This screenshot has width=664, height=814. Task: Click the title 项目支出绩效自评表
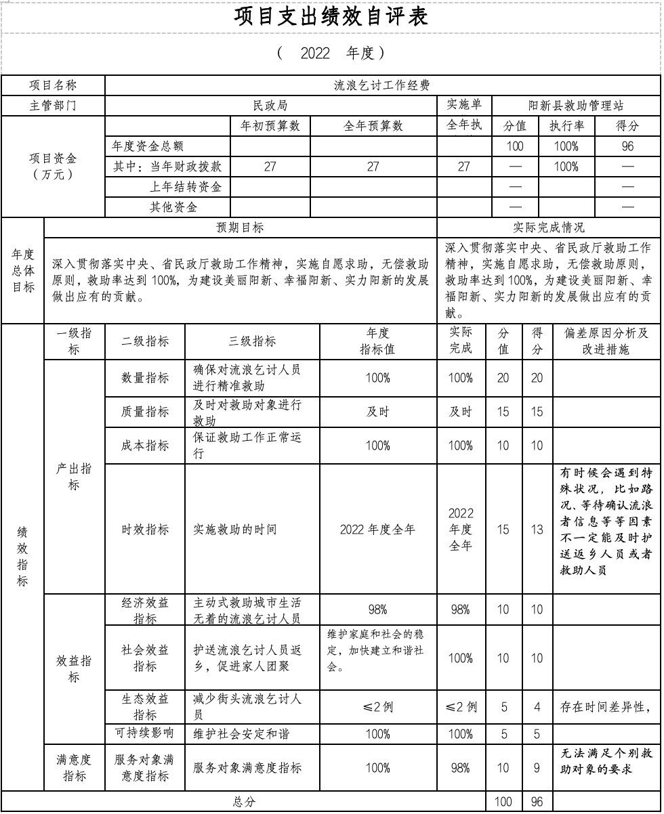(x=331, y=18)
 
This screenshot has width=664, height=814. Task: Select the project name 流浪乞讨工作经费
(x=382, y=85)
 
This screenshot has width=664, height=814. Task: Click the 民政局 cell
(x=270, y=106)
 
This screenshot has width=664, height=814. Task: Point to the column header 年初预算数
(x=270, y=126)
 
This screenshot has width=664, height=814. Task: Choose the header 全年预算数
(x=373, y=126)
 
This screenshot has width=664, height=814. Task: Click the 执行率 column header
(x=566, y=126)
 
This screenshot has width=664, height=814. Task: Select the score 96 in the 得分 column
(x=627, y=146)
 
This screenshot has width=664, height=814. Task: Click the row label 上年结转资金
(x=186, y=187)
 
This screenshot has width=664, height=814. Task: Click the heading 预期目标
(x=240, y=228)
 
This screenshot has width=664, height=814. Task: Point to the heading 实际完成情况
(x=549, y=228)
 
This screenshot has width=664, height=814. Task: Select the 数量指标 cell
(x=145, y=378)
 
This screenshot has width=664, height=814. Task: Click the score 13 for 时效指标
(x=537, y=530)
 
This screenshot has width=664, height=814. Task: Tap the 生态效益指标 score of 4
(x=537, y=708)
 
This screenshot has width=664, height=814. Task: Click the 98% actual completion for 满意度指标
(x=461, y=768)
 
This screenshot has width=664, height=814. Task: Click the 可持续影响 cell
(x=145, y=733)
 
